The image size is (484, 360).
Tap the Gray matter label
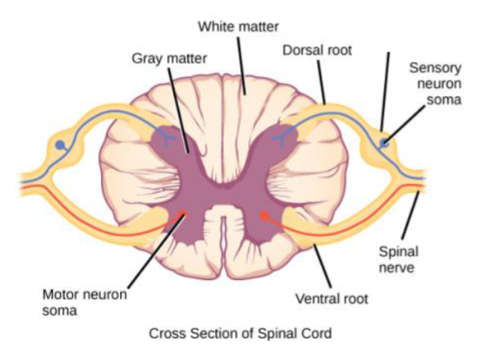tap(169, 59)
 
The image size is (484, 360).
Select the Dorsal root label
tap(316, 51)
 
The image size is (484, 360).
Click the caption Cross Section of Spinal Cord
tap(241, 335)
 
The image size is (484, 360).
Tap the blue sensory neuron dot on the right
tap(384, 145)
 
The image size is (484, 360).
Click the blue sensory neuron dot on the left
tap(59, 146)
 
